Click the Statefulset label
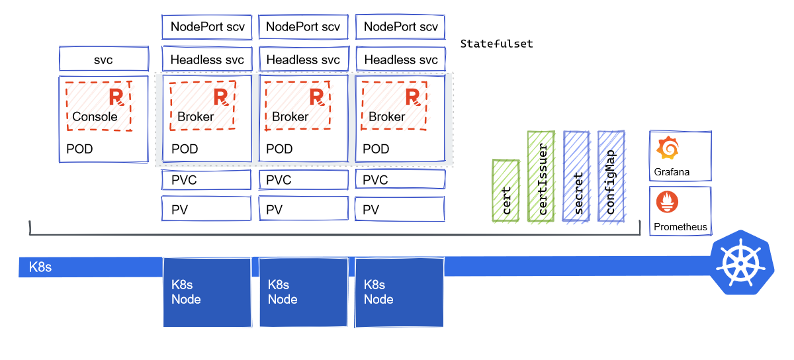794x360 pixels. [x=496, y=44]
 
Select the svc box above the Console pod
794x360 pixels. [x=104, y=60]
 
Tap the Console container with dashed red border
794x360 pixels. [x=98, y=106]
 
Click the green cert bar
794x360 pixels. [x=506, y=190]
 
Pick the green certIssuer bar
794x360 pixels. [x=542, y=177]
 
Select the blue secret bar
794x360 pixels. [x=577, y=177]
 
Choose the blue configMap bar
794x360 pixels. [x=611, y=177]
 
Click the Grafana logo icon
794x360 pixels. [x=667, y=149]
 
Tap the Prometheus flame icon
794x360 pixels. [x=667, y=202]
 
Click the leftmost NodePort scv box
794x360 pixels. [x=206, y=27]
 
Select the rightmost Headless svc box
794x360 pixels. [x=400, y=60]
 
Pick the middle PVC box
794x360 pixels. [x=303, y=180]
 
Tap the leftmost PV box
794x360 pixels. [x=206, y=210]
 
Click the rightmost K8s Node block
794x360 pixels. [x=400, y=292]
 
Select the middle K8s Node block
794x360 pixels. [x=303, y=292]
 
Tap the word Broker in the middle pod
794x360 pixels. [x=290, y=117]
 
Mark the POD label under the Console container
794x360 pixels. [x=79, y=149]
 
